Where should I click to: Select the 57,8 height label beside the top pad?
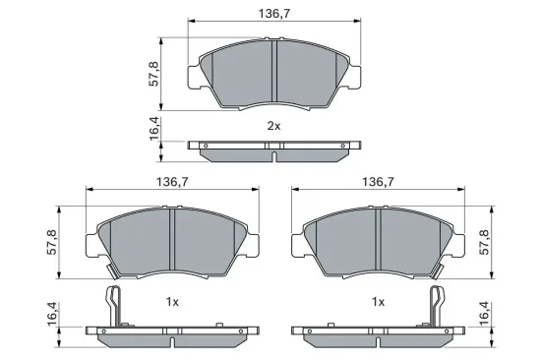pyautogui.click(x=154, y=74)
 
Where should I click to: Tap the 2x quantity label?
pyautogui.click(x=273, y=127)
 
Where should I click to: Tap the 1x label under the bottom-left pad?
pyautogui.click(x=172, y=301)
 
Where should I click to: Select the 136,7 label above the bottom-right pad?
pyautogui.click(x=379, y=182)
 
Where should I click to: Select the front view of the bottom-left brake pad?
pyautogui.click(x=172, y=241)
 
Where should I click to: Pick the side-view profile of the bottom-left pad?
pyautogui.click(x=172, y=333)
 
